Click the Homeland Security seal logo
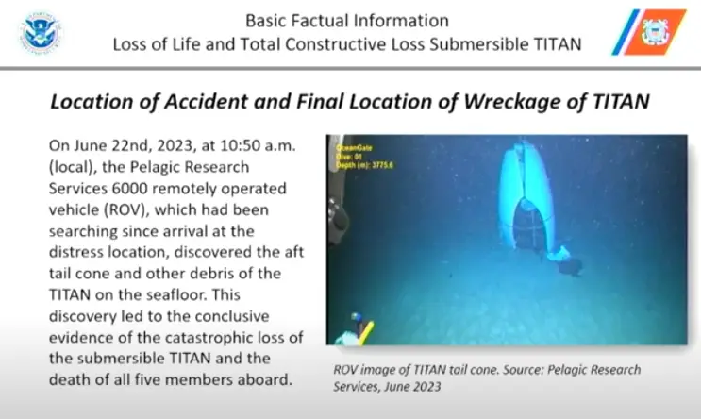coord(41,32)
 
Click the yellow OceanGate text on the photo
coord(351,147)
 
